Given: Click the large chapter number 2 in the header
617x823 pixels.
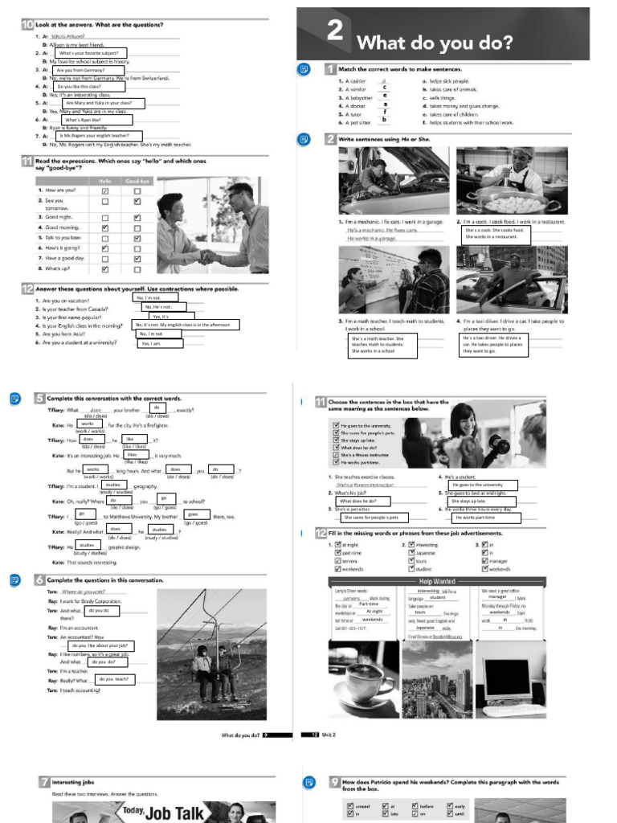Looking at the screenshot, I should (334, 31).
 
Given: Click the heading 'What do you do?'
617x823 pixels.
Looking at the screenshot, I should (434, 43).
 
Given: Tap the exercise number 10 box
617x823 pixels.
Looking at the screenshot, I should (27, 25).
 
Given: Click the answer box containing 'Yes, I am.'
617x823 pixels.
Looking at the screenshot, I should (160, 343).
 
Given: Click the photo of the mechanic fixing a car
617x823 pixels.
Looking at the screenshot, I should (393, 181).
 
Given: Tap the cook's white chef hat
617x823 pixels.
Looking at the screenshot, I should (523, 152).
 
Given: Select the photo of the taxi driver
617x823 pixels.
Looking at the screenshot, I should (511, 280).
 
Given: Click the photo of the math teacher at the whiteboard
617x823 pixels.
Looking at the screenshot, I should (393, 280).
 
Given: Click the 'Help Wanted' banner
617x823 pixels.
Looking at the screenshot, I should (436, 581).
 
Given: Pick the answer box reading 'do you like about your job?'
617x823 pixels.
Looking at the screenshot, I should (101, 645).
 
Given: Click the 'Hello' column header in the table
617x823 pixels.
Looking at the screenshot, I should (105, 181).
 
